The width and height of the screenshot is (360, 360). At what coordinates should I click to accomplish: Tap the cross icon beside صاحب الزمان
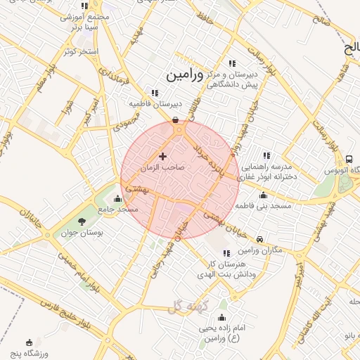coord(163,156)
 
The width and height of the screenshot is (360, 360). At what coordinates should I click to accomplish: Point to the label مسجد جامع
coord(118,210)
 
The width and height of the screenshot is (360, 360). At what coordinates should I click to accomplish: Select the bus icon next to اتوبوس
coord(349,160)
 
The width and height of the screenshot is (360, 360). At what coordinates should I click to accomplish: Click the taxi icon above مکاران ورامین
coord(260,239)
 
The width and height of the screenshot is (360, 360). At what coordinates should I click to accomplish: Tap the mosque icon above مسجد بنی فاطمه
coord(264,195)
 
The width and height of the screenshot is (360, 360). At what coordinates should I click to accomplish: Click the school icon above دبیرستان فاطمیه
coord(155,93)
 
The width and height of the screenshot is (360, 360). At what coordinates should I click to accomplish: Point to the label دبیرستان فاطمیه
coord(155,104)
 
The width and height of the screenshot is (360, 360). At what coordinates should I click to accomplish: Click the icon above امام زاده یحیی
coord(223,317)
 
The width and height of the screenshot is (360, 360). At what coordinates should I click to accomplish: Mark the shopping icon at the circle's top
coord(175,120)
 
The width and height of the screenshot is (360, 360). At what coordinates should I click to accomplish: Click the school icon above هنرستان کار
coord(226,253)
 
